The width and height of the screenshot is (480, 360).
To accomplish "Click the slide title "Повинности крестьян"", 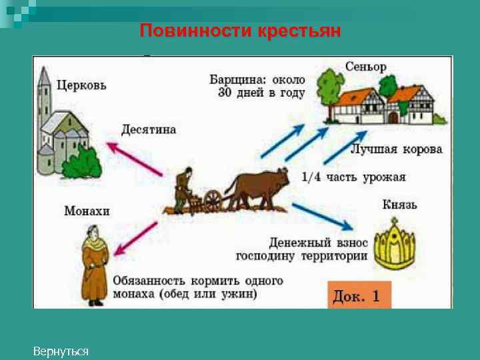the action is [240, 31].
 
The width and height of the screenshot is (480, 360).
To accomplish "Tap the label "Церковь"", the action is [81, 85].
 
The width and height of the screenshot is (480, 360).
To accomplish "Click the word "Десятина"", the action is [149, 129].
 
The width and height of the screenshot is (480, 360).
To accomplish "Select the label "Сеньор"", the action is [365, 67].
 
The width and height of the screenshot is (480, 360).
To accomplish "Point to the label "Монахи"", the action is [87, 211].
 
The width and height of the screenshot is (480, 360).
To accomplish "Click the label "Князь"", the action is [399, 204].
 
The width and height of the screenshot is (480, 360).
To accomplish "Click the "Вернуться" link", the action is [61, 351].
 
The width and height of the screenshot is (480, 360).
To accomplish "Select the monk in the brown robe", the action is [95, 267].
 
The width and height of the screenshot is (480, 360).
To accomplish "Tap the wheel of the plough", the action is [213, 200].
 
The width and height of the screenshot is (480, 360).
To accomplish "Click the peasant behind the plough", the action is [182, 190].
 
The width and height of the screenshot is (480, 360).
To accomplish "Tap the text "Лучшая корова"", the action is [396, 149].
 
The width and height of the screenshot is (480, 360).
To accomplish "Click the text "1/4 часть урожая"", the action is [353, 177].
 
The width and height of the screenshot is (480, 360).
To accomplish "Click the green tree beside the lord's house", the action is [330, 87].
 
